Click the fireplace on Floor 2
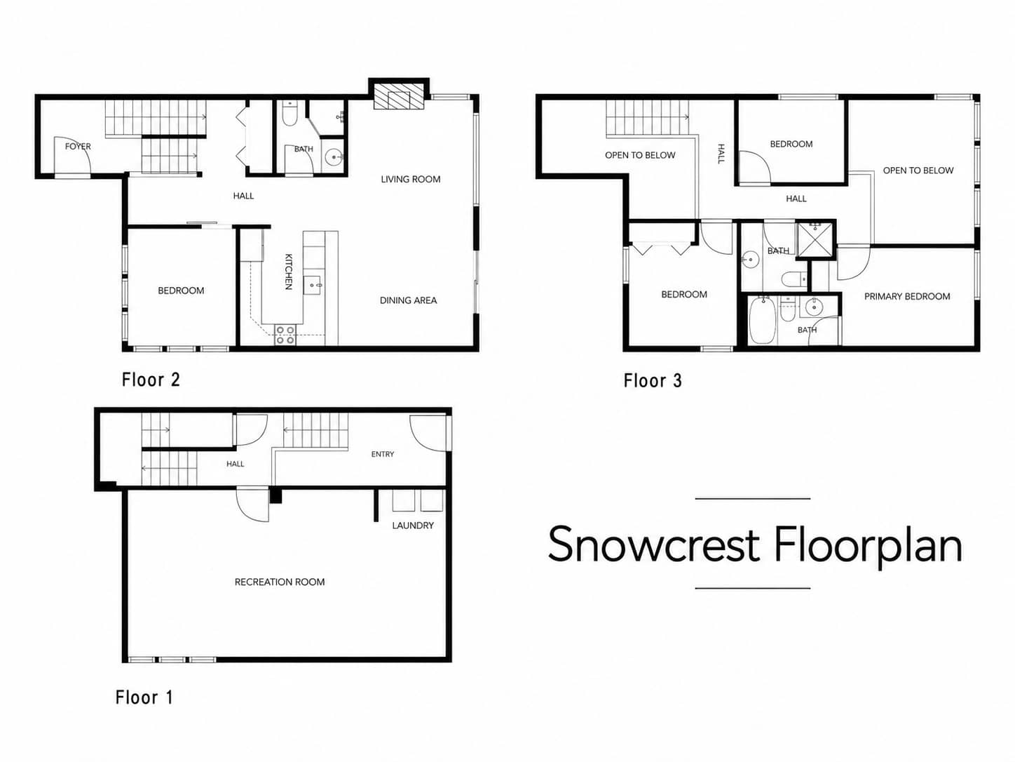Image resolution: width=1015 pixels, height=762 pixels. coord(399,97)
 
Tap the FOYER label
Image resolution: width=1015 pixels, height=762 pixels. coord(78,147)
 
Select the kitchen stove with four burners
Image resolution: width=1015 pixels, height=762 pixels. coord(285,335)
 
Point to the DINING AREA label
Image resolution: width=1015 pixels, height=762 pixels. coord(408,301)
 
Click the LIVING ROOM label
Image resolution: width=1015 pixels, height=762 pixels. coord(411,180)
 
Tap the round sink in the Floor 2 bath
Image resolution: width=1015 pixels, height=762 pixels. coord(334,158)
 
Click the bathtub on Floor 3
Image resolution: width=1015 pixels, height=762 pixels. coord(762,321)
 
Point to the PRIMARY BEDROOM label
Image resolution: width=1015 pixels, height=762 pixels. coord(907,297)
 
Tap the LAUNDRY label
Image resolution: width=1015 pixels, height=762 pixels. coord(413,526)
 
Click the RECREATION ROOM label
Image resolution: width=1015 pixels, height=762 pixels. coord(280,582)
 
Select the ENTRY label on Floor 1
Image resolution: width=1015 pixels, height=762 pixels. coord(383,455)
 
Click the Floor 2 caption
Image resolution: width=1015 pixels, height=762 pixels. coord(151,380)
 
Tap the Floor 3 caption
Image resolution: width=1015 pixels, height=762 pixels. coord(653,381)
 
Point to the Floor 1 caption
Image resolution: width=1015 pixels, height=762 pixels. coord(144,697)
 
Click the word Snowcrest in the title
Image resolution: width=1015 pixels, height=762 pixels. coord(654,544)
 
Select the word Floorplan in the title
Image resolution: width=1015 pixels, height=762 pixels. coord(868,546)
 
